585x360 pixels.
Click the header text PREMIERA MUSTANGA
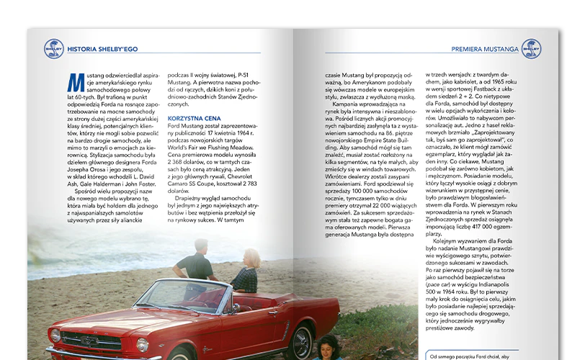coord(484,50)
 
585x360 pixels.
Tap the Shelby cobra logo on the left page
coord(53,49)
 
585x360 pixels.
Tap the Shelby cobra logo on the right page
coord(531,49)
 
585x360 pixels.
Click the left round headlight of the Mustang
coord(55,335)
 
